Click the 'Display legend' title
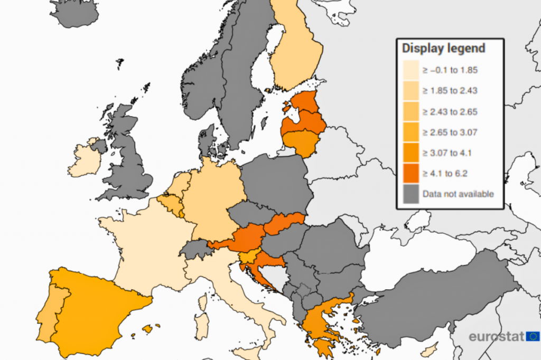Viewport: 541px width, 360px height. (x=443, y=49)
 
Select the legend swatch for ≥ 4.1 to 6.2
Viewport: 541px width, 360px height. (x=411, y=173)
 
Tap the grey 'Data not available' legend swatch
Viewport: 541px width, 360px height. (x=411, y=194)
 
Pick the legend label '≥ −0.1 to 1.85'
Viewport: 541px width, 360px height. (x=450, y=70)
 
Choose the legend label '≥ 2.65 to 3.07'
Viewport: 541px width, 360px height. (x=450, y=132)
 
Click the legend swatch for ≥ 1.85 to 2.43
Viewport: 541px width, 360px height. (x=411, y=90)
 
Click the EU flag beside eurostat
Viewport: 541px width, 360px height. (x=533, y=336)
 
